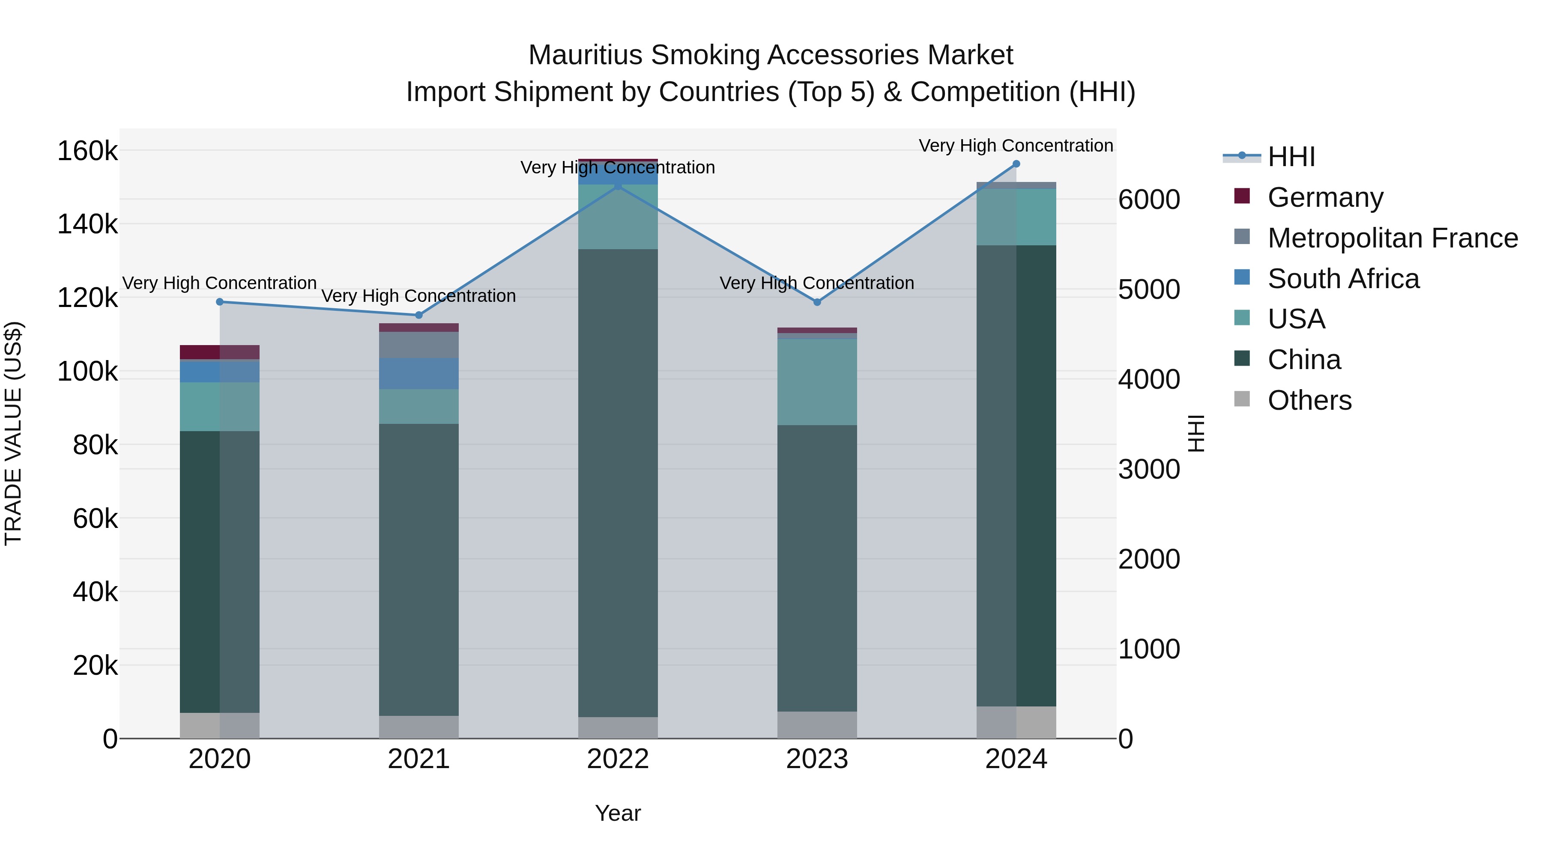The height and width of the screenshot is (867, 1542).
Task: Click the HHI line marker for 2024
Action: [x=1016, y=164]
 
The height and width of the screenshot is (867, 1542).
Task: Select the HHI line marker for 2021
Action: [x=418, y=315]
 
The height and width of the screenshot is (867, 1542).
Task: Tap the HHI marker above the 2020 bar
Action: [x=220, y=302]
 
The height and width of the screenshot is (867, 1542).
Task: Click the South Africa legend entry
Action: [x=1343, y=279]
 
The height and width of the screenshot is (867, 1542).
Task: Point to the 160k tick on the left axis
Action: [x=87, y=151]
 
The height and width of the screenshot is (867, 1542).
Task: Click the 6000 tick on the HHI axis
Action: [x=1149, y=200]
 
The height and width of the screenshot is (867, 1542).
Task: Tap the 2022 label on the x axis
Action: [x=618, y=759]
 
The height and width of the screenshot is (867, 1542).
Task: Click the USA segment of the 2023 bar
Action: [x=817, y=382]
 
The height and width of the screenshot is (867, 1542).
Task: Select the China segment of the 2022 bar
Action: [x=618, y=482]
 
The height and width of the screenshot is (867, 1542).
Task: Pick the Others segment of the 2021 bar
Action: [x=418, y=727]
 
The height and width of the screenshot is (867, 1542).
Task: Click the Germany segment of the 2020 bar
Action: [x=220, y=352]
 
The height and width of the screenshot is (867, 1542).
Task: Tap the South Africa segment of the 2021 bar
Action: [x=418, y=373]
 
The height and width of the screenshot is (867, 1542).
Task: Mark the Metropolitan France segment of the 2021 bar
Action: [x=418, y=345]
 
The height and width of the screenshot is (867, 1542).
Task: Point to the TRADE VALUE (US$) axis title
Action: [x=13, y=433]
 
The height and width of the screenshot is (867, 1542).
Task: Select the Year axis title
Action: [x=618, y=813]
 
